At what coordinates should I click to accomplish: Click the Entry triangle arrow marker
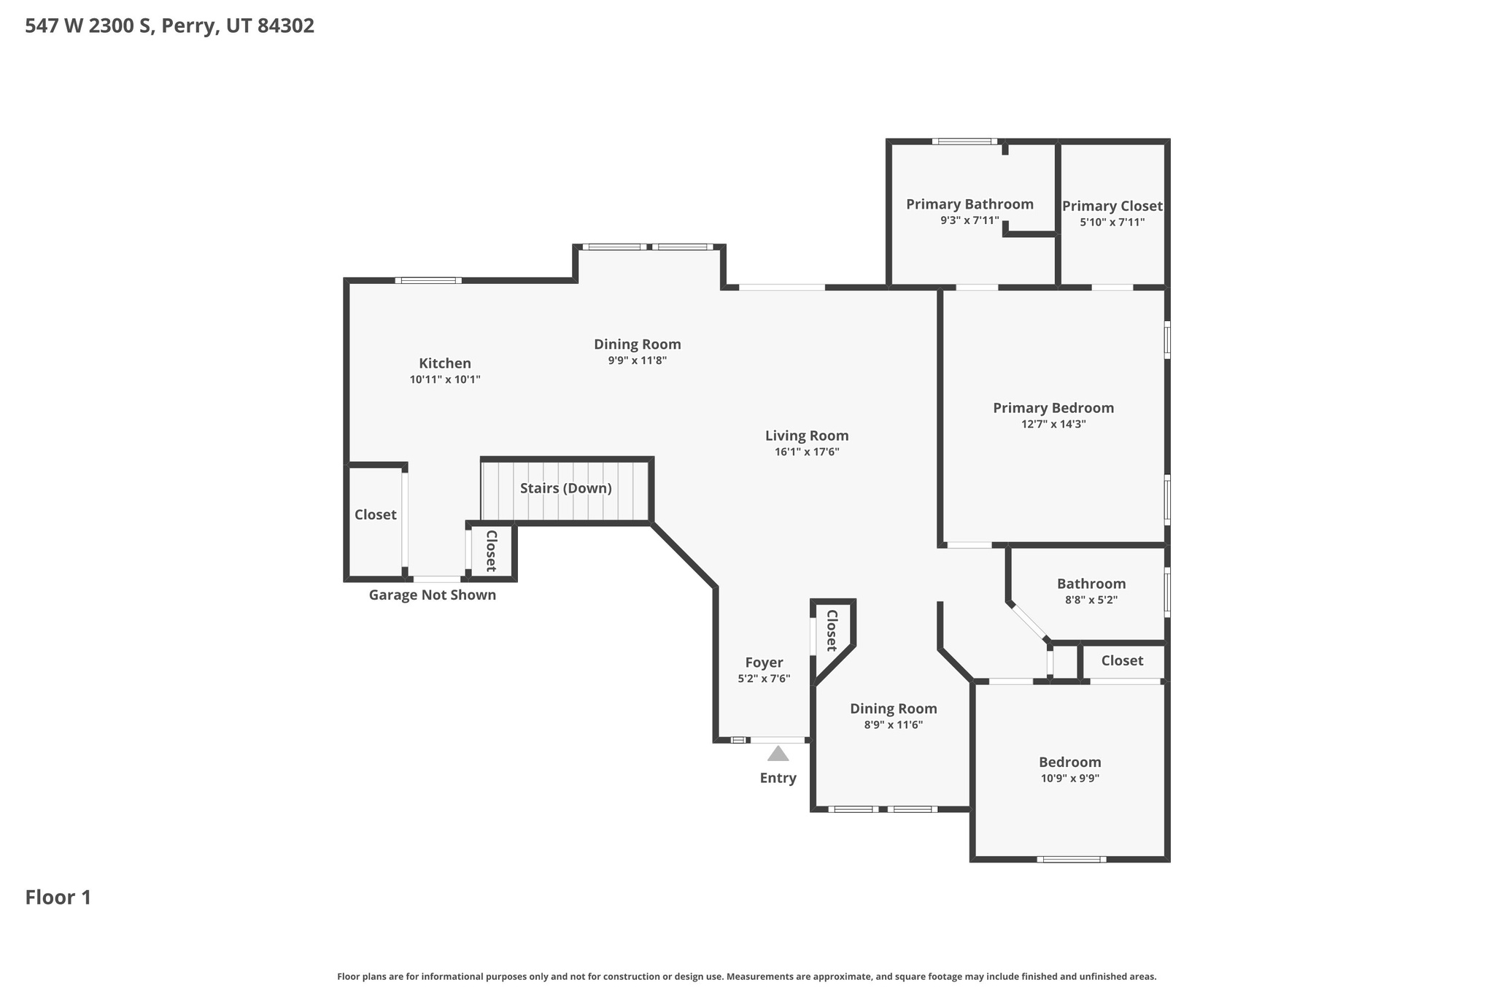[778, 753]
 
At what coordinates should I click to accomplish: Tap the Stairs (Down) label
[565, 488]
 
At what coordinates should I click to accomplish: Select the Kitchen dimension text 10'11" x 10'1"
[445, 379]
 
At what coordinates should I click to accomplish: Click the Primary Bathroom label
[969, 204]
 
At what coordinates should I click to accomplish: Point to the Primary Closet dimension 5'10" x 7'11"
[1112, 222]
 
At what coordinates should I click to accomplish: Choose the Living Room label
[807, 436]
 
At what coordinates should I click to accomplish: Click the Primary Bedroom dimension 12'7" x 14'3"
[1053, 424]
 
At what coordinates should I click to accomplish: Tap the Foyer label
[764, 663]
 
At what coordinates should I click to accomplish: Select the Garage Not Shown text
[432, 595]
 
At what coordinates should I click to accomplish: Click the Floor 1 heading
[58, 897]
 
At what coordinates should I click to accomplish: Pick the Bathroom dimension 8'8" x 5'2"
[1091, 600]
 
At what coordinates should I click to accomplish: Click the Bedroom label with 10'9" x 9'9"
[1069, 763]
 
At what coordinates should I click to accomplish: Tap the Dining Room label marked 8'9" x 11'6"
[893, 709]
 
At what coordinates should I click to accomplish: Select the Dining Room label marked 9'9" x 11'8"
[637, 344]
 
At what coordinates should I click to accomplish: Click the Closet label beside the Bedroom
[1122, 660]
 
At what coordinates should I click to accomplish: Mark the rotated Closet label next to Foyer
[831, 630]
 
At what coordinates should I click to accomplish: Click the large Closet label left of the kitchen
[375, 514]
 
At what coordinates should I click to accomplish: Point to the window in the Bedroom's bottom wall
[1071, 859]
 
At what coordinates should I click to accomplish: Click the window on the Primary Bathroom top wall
[964, 142]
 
